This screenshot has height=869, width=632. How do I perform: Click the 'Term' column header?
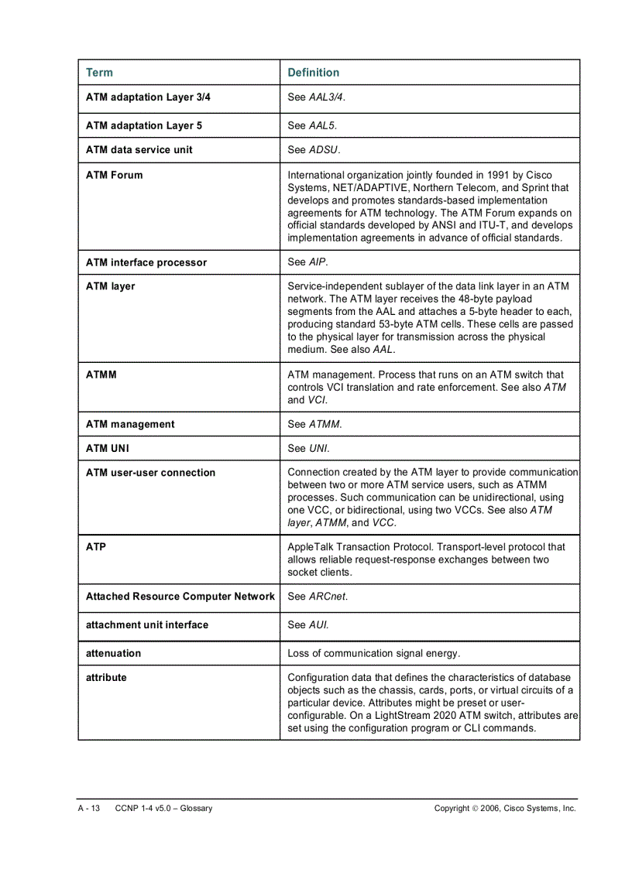(x=99, y=73)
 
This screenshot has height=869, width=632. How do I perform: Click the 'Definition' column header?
(x=313, y=73)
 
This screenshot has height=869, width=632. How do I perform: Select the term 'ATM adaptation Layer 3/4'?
(x=148, y=98)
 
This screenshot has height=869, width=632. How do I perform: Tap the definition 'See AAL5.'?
(x=312, y=125)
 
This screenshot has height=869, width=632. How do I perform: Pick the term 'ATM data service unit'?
(x=139, y=149)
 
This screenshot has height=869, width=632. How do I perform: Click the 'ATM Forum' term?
(x=115, y=175)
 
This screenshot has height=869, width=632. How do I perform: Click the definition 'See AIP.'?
(x=307, y=262)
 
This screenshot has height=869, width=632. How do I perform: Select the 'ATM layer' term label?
(x=111, y=286)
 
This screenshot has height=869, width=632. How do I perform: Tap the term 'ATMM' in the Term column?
(x=101, y=375)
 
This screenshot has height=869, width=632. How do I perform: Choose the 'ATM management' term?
(x=130, y=424)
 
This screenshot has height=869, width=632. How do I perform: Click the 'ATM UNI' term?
(x=108, y=448)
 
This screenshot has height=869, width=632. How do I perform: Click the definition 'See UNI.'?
(x=308, y=448)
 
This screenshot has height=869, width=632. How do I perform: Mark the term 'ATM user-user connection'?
(x=151, y=473)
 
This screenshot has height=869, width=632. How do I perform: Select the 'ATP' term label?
(x=96, y=547)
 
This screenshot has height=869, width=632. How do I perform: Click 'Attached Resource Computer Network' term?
(x=180, y=597)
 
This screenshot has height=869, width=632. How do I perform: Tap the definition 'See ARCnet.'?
(x=318, y=597)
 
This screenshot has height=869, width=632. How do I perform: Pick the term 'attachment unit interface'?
(x=147, y=624)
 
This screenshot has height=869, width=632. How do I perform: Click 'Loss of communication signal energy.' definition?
(x=373, y=653)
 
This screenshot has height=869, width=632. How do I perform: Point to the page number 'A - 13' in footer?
(x=89, y=809)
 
